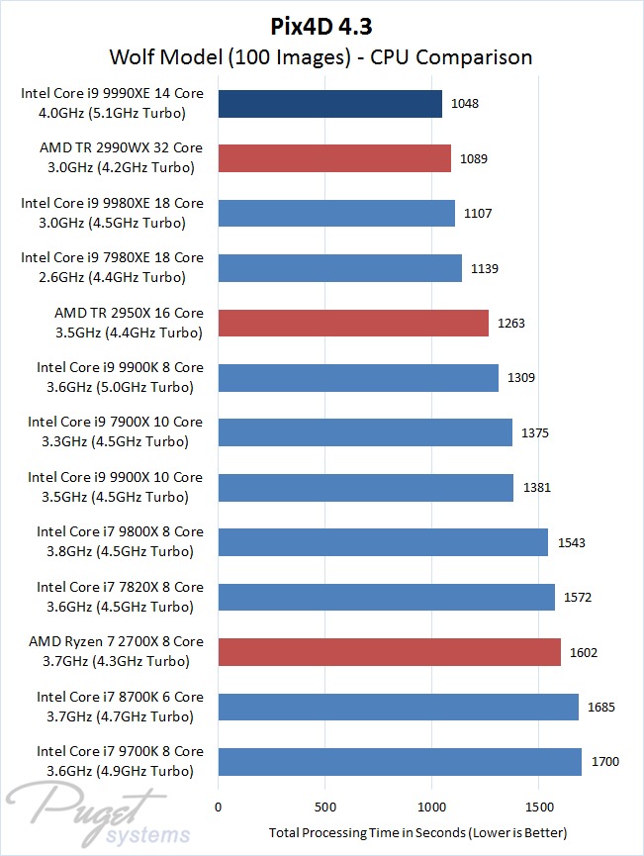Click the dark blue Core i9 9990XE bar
tap(329, 104)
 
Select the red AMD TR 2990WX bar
tap(334, 158)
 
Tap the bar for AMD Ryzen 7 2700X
tap(389, 652)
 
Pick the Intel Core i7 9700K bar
tap(400, 762)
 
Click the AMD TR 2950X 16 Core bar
tap(353, 324)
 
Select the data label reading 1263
tap(510, 324)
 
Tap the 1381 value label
tap(536, 488)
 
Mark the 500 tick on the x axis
tap(325, 806)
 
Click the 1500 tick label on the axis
tap(539, 806)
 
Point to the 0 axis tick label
tap(219, 806)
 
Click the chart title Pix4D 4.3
tap(322, 26)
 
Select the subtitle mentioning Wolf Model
tap(322, 56)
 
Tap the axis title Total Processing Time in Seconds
tap(418, 832)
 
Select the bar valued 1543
tap(382, 542)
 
